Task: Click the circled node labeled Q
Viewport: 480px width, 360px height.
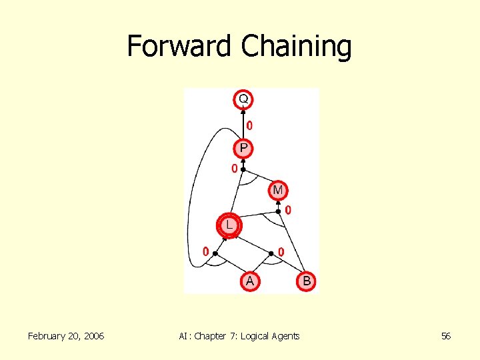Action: pos(243,99)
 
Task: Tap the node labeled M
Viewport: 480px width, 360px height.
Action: pos(278,191)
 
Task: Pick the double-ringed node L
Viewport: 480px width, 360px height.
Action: pos(229,225)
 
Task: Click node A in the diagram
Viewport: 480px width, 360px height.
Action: pos(249,281)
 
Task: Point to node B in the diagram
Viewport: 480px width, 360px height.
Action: pos(306,281)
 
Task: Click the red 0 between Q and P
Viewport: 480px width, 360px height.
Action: pos(249,125)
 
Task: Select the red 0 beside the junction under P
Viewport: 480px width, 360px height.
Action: pos(234,169)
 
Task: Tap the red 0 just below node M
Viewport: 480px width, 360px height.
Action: pos(288,210)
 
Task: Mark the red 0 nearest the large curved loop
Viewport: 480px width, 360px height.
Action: pos(206,251)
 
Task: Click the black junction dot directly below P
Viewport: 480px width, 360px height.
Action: pos(243,169)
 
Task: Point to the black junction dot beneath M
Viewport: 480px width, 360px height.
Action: pos(278,211)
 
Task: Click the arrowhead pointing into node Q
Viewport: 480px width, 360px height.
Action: pos(243,111)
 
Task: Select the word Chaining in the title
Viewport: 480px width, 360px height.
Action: pos(296,46)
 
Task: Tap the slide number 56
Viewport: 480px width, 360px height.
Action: pos(446,336)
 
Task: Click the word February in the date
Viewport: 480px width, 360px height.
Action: pos(48,336)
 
